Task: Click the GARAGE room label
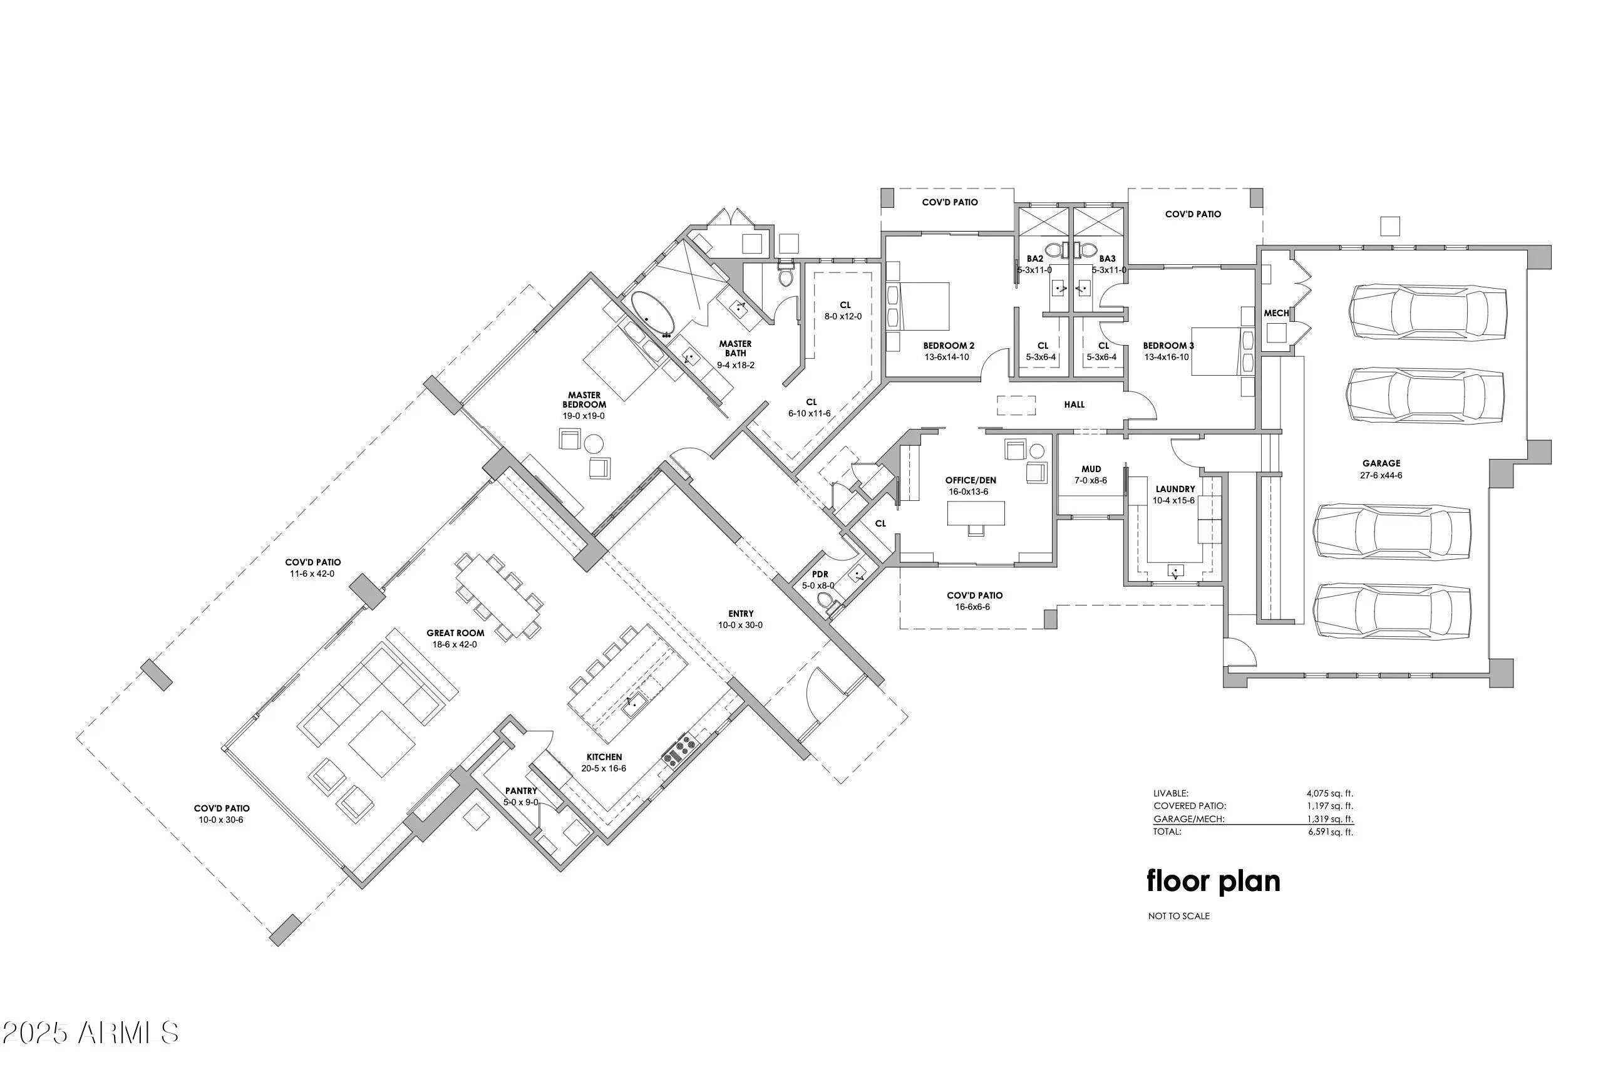(x=1381, y=463)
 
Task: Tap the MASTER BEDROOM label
(x=584, y=399)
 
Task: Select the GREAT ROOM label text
(x=455, y=633)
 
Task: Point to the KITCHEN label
(x=604, y=757)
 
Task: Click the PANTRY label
(x=521, y=791)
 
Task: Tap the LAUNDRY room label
(x=1175, y=489)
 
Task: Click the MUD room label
(x=1091, y=469)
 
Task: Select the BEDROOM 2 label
(x=949, y=346)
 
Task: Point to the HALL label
(x=1074, y=404)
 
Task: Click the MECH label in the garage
(x=1277, y=313)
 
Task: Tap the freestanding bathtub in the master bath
(x=653, y=317)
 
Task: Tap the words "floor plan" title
(x=1213, y=881)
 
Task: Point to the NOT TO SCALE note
(x=1178, y=917)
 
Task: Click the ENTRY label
(x=741, y=614)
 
